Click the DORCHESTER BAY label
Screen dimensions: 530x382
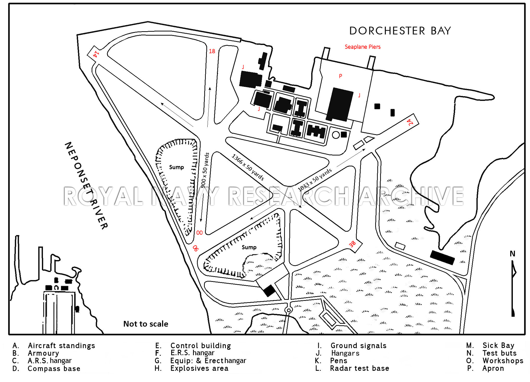click(400, 31)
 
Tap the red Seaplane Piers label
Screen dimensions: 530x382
click(362, 47)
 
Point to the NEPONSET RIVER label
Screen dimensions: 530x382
click(86, 185)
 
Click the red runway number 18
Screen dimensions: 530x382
click(212, 51)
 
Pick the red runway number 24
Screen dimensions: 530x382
click(410, 122)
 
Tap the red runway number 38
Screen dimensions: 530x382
click(352, 244)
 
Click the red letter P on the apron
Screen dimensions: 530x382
click(340, 76)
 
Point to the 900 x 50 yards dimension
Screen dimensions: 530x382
click(205, 170)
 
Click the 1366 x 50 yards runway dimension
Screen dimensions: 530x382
click(248, 167)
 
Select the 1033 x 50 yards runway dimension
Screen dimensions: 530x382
click(315, 180)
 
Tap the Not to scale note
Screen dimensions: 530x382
click(146, 324)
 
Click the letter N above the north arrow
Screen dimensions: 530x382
click(512, 254)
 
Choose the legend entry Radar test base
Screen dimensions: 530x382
click(360, 368)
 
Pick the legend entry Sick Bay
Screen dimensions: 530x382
click(498, 345)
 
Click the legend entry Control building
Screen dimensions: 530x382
click(201, 346)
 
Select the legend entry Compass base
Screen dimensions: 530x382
click(54, 368)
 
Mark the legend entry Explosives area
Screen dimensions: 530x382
click(199, 368)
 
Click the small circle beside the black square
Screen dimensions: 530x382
click(336, 135)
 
